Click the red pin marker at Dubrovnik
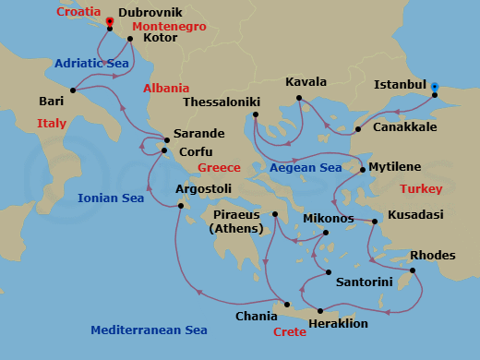(x=110, y=21)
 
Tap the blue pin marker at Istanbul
(x=435, y=87)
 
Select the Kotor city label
(x=160, y=39)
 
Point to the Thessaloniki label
(x=222, y=102)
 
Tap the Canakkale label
(x=404, y=126)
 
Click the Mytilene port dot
(x=362, y=170)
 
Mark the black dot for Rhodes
(x=412, y=270)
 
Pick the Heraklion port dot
(x=320, y=310)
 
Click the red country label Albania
(x=166, y=88)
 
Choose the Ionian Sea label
(x=111, y=198)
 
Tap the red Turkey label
(x=421, y=188)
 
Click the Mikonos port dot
(x=326, y=233)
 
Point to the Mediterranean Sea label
(x=149, y=330)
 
